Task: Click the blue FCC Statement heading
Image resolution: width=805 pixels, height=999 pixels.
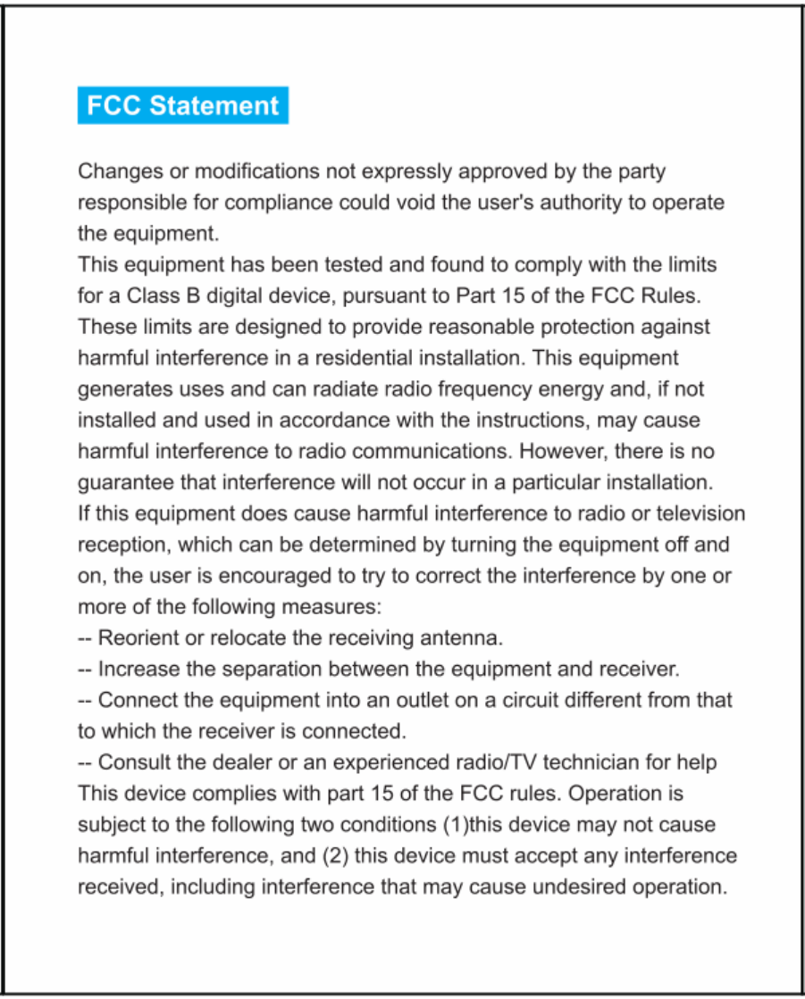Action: tap(182, 105)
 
